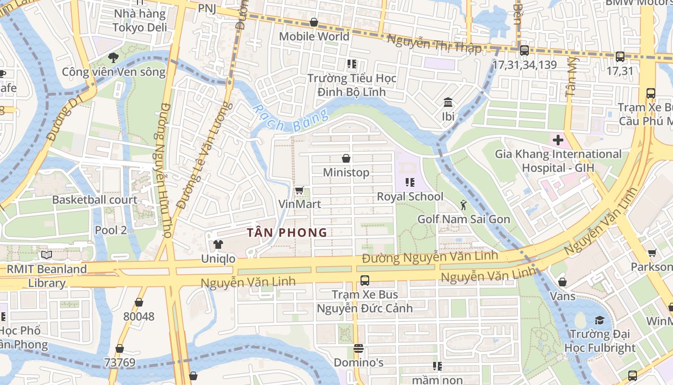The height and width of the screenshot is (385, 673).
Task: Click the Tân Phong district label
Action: point(287,233)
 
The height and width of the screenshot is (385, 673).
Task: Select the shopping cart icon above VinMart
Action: point(299,191)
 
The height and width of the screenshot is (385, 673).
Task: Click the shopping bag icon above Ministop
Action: point(346,158)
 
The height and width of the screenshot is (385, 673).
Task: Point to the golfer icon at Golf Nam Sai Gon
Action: point(463,205)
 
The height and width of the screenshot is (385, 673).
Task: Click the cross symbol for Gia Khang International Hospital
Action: point(558,141)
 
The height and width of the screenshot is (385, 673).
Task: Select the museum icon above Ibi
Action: point(448,102)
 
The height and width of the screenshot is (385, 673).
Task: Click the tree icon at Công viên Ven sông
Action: point(113,58)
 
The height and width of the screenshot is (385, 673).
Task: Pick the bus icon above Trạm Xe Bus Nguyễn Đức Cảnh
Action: point(365,280)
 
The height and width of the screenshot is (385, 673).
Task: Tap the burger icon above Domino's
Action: point(358,348)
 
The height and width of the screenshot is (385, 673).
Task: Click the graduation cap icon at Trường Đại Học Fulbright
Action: point(599,320)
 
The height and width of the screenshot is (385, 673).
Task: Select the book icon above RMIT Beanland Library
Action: point(46,255)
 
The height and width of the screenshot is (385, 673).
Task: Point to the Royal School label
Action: point(410,196)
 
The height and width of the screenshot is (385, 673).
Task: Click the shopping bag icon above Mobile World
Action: point(314,22)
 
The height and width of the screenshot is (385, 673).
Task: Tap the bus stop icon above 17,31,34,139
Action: point(524,50)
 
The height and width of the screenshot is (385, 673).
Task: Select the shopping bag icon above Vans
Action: point(562,282)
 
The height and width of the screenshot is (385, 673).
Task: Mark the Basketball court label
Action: point(95,200)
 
